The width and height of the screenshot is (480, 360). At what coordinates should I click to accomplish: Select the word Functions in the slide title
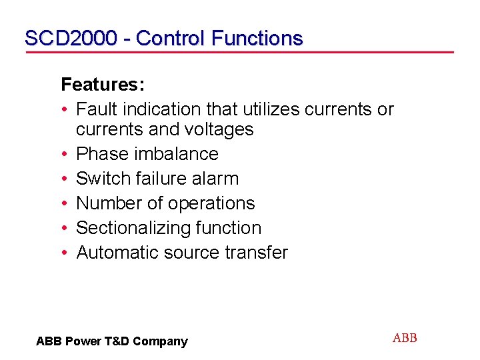point(257,38)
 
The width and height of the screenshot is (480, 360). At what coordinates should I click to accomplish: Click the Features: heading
point(103,85)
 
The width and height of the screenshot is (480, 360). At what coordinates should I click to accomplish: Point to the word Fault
point(95,109)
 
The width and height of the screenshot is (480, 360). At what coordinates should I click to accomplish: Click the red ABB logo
point(405,338)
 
